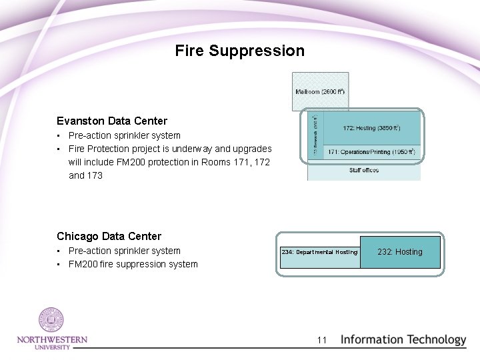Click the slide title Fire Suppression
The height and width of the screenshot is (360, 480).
coord(239,51)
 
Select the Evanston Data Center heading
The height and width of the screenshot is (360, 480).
coord(112,121)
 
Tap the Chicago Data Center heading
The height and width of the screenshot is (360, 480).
coord(109,236)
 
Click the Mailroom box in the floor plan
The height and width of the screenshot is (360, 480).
coord(320,91)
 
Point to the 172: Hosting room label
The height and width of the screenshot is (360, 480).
coord(371,127)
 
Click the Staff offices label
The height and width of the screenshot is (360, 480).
coord(364,171)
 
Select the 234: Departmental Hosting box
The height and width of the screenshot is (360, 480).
coord(319,252)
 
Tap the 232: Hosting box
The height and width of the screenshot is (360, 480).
coord(400,252)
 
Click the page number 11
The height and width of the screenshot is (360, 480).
coord(322,340)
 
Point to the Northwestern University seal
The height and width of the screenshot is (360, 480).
coord(51,321)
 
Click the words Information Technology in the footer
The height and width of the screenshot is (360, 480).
coord(403,339)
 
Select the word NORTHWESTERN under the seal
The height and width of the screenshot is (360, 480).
coord(52,340)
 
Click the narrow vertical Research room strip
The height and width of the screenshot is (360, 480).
coord(315,135)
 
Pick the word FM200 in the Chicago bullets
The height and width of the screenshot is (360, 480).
coord(83,264)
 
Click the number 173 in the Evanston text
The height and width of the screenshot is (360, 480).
coord(94,175)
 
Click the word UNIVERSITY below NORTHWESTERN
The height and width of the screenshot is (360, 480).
coord(52,347)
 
